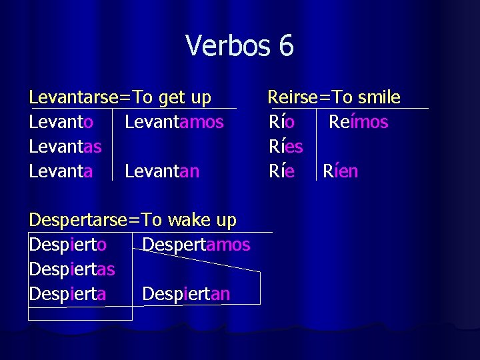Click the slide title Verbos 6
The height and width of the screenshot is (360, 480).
coord(239,46)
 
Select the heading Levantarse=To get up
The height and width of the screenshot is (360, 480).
coord(120,98)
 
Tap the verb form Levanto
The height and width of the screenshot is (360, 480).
coord(61,122)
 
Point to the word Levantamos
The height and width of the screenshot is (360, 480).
coord(174,122)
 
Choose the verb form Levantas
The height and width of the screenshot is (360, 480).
coord(65,147)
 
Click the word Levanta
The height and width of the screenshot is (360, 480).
coord(61,171)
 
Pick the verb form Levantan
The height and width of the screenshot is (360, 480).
coord(162,171)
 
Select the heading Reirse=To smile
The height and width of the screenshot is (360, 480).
coord(334,98)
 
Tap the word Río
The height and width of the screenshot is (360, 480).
coord(282,122)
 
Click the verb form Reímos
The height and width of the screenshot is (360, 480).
coord(358,122)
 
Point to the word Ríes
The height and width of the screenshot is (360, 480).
coord(286,147)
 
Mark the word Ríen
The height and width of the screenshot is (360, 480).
coord(341,171)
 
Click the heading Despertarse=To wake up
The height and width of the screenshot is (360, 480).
coord(133,220)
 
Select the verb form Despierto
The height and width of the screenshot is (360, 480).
coord(67,245)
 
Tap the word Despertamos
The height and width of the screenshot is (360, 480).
coord(196,245)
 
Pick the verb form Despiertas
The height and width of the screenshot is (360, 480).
coord(72,269)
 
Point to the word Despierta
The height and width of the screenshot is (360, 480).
coord(67,294)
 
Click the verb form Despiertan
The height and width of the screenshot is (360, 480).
coord(186,294)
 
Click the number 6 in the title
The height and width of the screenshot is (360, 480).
coord(286,46)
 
